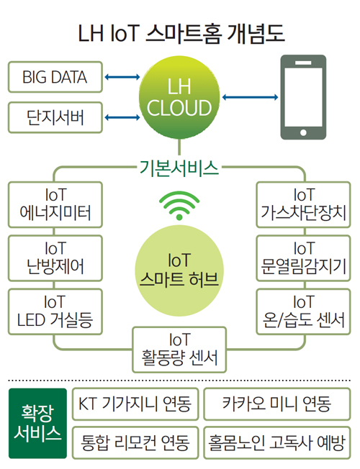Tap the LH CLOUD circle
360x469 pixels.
tap(179, 98)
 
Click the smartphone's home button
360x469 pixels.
tap(303, 132)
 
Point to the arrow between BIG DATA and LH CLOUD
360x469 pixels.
tap(122, 77)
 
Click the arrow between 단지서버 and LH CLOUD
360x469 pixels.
tap(122, 117)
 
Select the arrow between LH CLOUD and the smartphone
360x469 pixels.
tap(250, 97)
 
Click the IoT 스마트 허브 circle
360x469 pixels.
tap(179, 270)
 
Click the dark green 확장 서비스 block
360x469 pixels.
tap(37, 424)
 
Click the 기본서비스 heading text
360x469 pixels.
tap(179, 168)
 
